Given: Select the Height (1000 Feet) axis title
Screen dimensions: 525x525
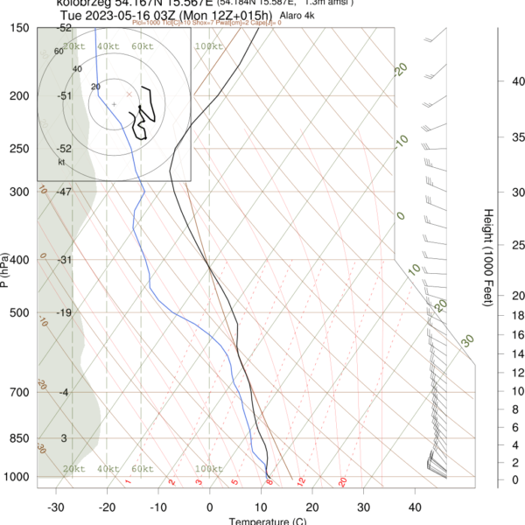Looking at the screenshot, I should (486, 257).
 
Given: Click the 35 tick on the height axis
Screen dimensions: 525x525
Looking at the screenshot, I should (517, 137).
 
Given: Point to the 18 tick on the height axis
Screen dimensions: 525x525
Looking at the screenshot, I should (517, 315).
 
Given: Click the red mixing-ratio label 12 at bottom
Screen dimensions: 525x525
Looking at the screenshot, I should (300, 482).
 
